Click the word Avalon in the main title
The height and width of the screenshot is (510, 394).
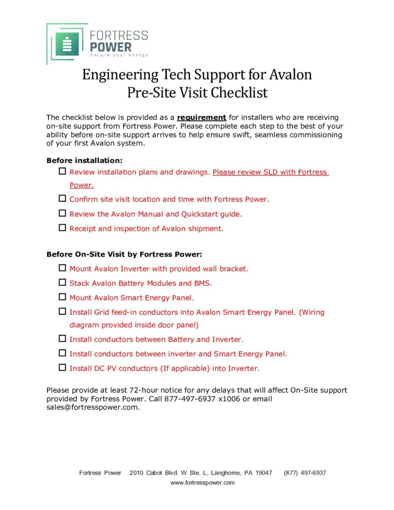[290, 75]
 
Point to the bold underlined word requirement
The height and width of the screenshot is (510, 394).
[202, 118]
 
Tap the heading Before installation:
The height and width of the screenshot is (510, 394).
[84, 160]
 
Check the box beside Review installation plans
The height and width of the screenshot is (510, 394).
[62, 172]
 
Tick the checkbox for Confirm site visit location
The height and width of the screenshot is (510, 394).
[62, 199]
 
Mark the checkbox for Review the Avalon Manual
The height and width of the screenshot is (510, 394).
[62, 214]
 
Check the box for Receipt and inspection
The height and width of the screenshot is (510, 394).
[62, 228]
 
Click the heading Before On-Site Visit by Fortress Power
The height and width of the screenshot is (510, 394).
[124, 254]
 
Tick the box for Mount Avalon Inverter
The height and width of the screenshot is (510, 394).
[62, 268]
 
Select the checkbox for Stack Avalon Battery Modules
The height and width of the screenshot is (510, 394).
[62, 283]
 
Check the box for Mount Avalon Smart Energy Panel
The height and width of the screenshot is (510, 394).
[62, 297]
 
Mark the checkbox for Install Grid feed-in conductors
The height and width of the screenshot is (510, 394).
[62, 312]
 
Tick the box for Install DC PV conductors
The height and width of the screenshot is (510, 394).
[62, 368]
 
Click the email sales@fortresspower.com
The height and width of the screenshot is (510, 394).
[92, 407]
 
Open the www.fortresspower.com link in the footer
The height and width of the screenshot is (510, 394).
[202, 483]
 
